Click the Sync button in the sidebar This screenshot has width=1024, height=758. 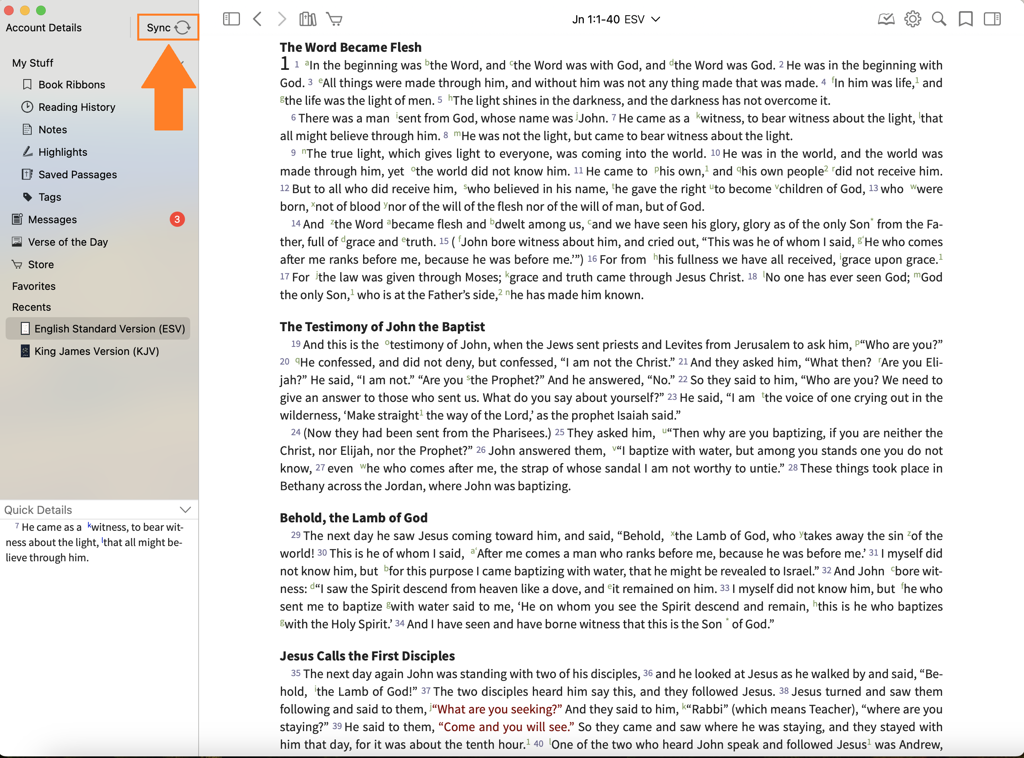[x=168, y=28]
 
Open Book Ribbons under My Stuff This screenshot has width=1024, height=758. [x=71, y=84]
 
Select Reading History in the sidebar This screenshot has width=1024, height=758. [x=76, y=107]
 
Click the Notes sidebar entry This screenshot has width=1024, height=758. [x=52, y=129]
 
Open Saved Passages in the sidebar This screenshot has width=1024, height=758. [x=77, y=174]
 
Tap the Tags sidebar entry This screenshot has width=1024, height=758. [x=49, y=197]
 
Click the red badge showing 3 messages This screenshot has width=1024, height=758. [x=177, y=219]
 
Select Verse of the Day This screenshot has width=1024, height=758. [x=67, y=242]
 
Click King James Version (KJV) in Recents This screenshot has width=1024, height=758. [x=96, y=351]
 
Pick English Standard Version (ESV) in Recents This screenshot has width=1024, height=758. [x=109, y=328]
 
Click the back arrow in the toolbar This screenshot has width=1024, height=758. [x=257, y=19]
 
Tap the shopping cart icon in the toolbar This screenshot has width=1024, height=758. [x=334, y=19]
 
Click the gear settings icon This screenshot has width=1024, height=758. [x=912, y=19]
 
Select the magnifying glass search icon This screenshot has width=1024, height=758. [x=939, y=19]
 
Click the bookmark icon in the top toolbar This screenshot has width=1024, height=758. [x=965, y=19]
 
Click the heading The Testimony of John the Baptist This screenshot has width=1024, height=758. [x=382, y=327]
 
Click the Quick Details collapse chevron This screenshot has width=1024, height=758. [x=185, y=510]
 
